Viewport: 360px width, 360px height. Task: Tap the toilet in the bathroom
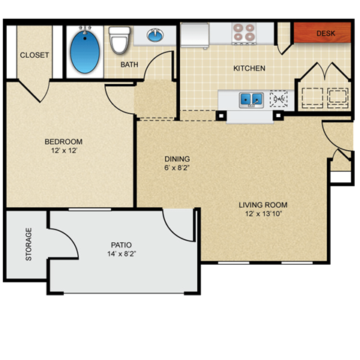[x=119, y=40]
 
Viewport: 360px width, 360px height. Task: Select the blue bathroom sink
[x=156, y=35]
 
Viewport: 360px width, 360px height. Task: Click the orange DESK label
[x=325, y=34]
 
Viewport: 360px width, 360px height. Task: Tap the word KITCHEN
[x=249, y=68]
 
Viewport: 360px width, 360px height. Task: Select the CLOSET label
[x=34, y=55]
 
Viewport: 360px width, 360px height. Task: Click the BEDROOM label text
[x=63, y=142]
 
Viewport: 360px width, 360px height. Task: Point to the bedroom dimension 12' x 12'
[x=63, y=151]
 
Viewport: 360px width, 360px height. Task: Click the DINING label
[x=177, y=159]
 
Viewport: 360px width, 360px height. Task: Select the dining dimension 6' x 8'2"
[x=177, y=168]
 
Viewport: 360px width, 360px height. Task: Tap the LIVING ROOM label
[x=263, y=205]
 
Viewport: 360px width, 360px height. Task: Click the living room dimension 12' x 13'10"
[x=263, y=214]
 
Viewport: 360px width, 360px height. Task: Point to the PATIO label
[x=121, y=244]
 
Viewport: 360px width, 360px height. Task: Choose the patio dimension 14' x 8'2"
[x=121, y=253]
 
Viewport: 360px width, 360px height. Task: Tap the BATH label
[x=130, y=64]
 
